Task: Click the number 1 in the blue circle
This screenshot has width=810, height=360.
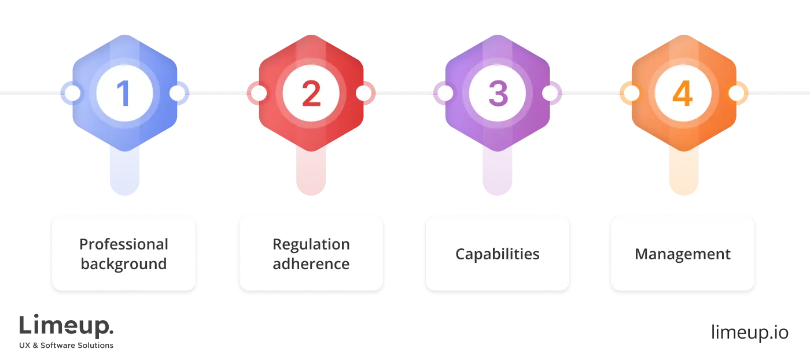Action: [124, 93]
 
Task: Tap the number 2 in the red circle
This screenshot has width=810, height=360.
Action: [311, 93]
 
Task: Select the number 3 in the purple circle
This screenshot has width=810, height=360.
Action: [498, 93]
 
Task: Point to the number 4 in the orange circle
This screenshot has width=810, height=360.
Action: [683, 93]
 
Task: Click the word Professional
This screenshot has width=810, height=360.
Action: [124, 244]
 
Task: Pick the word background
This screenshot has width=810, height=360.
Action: [124, 264]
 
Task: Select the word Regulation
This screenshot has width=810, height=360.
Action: [311, 244]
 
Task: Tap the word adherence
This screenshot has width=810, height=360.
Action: [311, 264]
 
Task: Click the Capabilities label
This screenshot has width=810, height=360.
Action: [498, 254]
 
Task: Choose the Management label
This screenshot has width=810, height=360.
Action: [683, 254]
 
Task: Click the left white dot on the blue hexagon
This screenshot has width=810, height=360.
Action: [72, 93]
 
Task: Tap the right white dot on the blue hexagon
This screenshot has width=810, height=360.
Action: [177, 93]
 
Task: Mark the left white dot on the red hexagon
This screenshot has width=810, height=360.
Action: [259, 93]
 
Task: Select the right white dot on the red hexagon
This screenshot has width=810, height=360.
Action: [363, 93]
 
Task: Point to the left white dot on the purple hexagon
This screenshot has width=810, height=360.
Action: [445, 93]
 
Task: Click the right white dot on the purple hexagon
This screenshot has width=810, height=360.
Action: [550, 93]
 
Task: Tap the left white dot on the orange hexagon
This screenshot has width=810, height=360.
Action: [631, 93]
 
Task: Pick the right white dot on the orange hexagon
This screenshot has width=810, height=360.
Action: [736, 93]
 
